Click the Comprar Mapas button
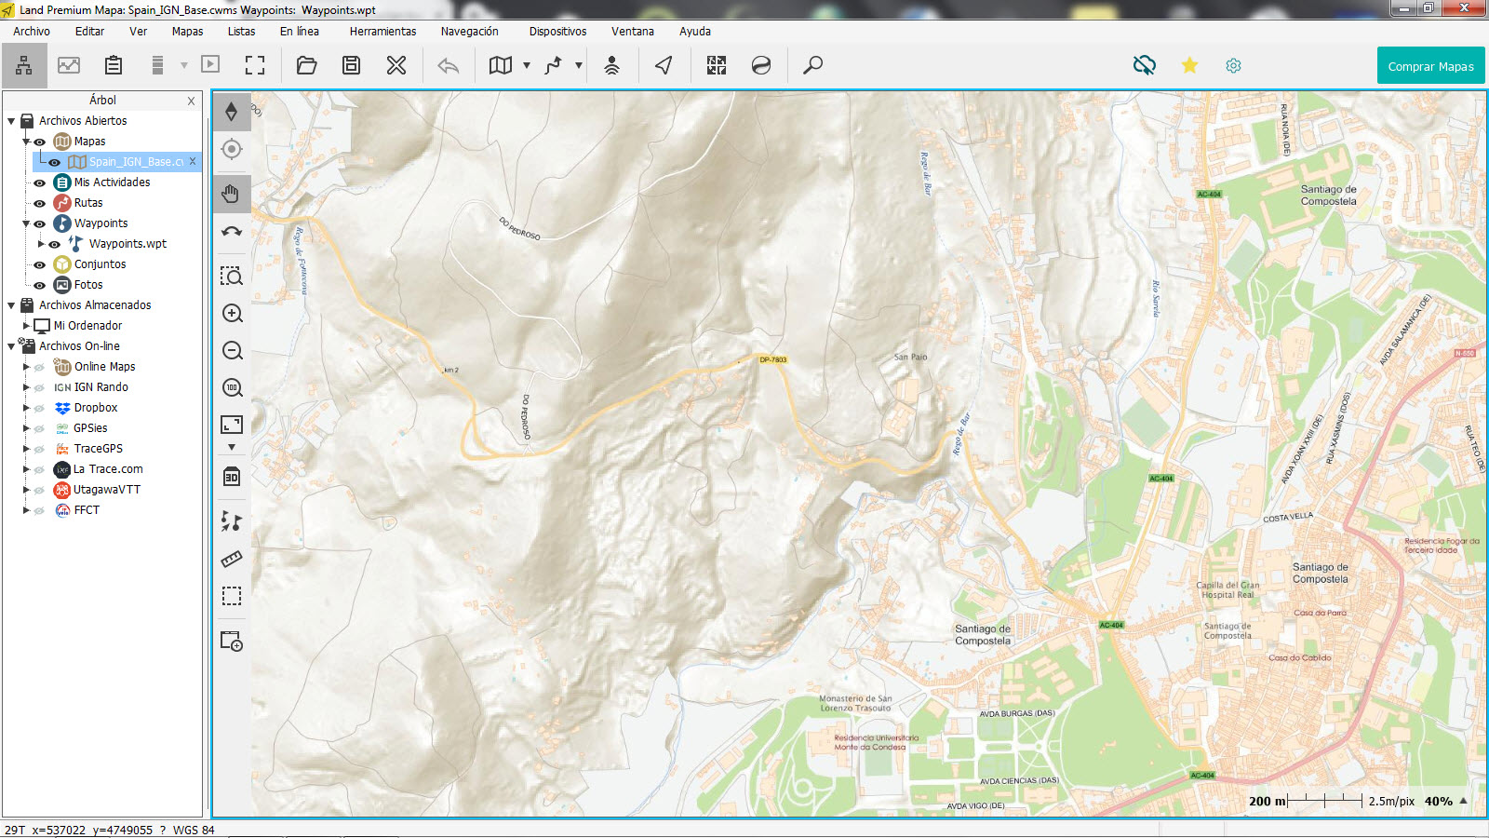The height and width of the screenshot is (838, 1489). pyautogui.click(x=1430, y=66)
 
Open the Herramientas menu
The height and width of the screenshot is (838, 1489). pyautogui.click(x=382, y=32)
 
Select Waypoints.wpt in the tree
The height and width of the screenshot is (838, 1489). pyautogui.click(x=127, y=244)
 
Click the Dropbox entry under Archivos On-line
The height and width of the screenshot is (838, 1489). pyautogui.click(x=96, y=408)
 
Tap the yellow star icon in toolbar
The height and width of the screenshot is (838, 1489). pyautogui.click(x=1189, y=65)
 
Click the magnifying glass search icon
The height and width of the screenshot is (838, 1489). pyautogui.click(x=812, y=65)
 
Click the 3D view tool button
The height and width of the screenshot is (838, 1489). pyautogui.click(x=232, y=477)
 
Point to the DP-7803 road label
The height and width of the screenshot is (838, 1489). pyautogui.click(x=772, y=359)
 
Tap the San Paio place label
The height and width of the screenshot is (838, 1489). pyautogui.click(x=910, y=357)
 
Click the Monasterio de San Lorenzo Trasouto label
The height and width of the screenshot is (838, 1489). pyautogui.click(x=855, y=703)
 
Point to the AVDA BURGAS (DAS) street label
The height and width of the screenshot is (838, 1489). pyautogui.click(x=1016, y=713)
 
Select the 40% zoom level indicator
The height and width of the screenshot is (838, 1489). pyautogui.click(x=1438, y=801)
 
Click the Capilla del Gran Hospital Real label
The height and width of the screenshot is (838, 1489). pyautogui.click(x=1227, y=590)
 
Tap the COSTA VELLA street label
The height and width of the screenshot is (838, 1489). pyautogui.click(x=1288, y=517)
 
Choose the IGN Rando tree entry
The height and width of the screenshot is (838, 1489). pyautogui.click(x=101, y=387)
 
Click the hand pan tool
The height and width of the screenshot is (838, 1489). pyautogui.click(x=232, y=194)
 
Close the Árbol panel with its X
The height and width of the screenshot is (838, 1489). pyautogui.click(x=191, y=101)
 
